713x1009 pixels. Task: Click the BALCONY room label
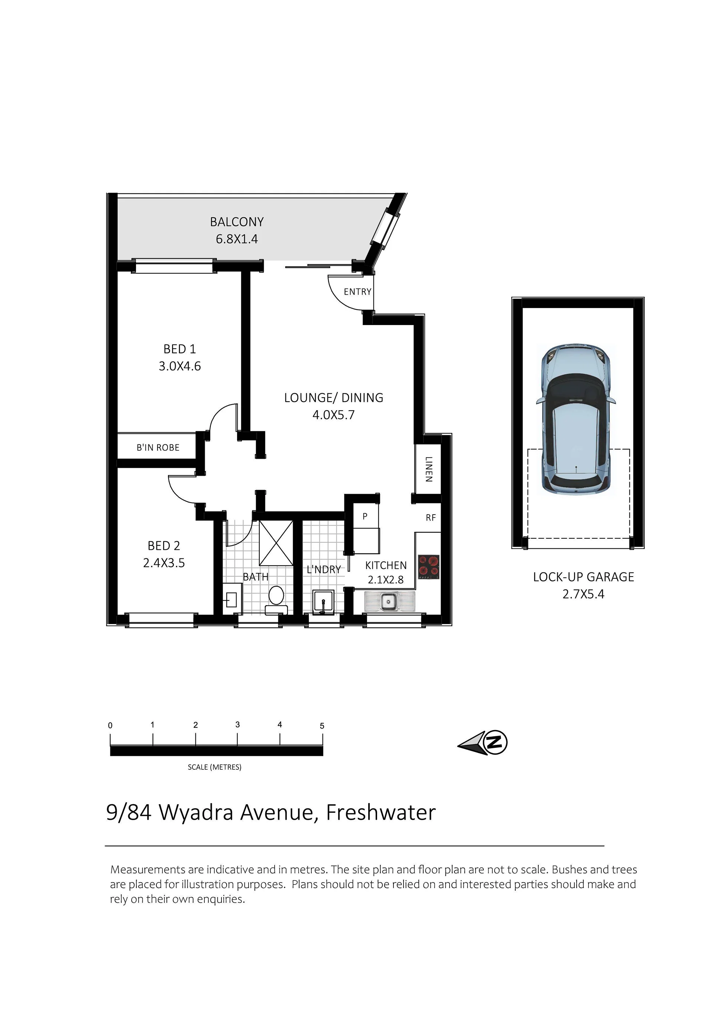(x=237, y=222)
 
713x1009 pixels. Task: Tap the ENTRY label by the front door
(x=357, y=292)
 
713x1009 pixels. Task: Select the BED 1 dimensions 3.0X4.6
(x=180, y=366)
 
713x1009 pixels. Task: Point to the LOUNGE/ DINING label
(x=334, y=398)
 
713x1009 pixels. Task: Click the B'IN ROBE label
(x=158, y=447)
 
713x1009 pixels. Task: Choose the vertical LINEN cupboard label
(x=429, y=469)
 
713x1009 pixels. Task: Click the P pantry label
(x=365, y=516)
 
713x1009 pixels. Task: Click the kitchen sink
(x=389, y=601)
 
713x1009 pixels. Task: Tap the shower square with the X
(x=276, y=543)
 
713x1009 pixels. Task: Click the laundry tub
(x=323, y=601)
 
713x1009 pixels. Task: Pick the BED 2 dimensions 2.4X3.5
(x=164, y=563)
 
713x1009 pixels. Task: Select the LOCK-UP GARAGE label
(x=583, y=577)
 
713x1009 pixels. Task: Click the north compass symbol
(x=483, y=743)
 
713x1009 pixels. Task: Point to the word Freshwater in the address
(x=381, y=812)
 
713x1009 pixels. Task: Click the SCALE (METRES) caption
(x=214, y=767)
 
